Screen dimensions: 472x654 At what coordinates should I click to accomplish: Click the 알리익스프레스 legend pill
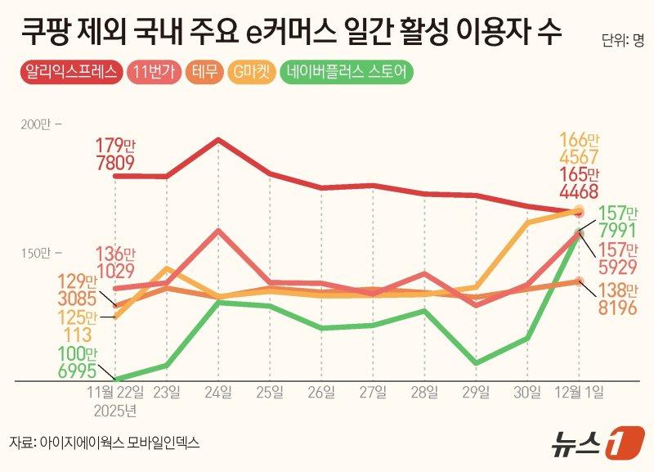click(71, 71)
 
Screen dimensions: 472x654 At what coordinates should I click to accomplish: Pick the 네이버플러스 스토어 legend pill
click(347, 71)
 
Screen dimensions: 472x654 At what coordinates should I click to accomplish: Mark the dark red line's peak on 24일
click(218, 140)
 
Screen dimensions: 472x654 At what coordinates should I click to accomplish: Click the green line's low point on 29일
click(475, 362)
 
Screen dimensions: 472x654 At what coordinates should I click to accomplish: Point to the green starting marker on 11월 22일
click(115, 380)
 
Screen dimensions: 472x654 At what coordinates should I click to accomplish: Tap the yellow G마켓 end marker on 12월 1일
click(580, 210)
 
